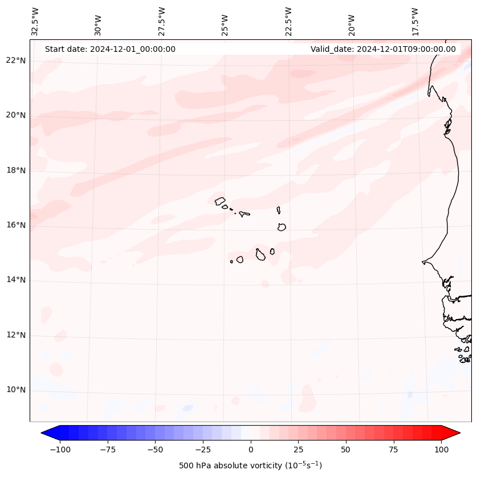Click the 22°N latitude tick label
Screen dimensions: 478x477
pyautogui.click(x=16, y=60)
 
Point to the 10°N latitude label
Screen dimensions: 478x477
pyautogui.click(x=16, y=390)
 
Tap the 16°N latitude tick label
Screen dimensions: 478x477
pyautogui.click(x=16, y=225)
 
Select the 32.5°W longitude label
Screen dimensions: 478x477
pyautogui.click(x=36, y=21)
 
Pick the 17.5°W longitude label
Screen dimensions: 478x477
pyautogui.click(x=415, y=21)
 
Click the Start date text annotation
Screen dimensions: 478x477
pyautogui.click(x=110, y=49)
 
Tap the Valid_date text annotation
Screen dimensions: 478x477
pyautogui.click(x=383, y=49)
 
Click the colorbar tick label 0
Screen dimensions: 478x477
pyautogui.click(x=251, y=450)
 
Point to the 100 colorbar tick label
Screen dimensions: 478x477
pyautogui.click(x=441, y=450)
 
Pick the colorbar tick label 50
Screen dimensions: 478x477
pyautogui.click(x=346, y=450)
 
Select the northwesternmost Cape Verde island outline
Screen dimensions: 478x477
pyautogui.click(x=220, y=201)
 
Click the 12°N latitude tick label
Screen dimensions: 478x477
pyautogui.click(x=16, y=335)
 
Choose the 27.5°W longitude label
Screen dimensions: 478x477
pyautogui.click(x=162, y=21)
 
